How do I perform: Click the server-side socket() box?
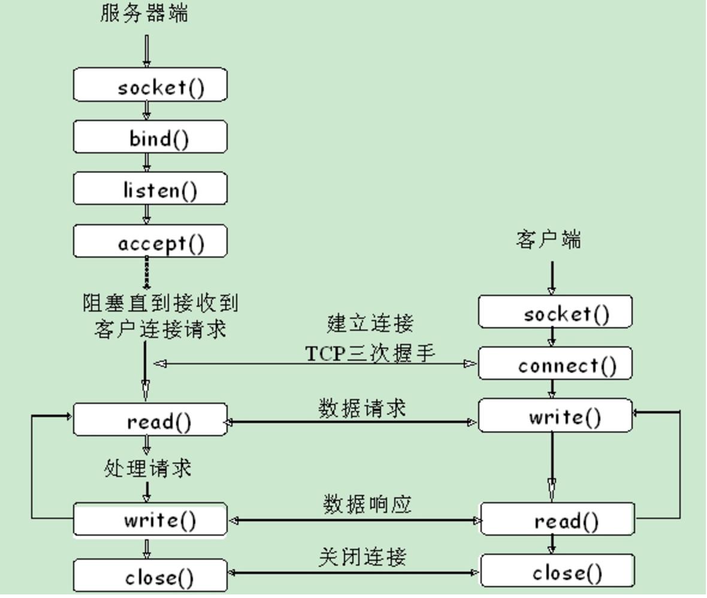(150, 84)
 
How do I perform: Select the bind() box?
(150, 137)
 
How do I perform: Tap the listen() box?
(150, 189)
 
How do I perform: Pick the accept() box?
(150, 241)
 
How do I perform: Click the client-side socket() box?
(555, 312)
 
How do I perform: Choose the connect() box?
(555, 364)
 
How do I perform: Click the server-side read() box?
(150, 420)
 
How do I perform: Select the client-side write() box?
(555, 416)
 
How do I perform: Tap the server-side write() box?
(150, 520)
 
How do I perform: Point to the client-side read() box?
(558, 520)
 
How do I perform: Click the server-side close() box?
(150, 576)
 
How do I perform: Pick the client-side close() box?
(558, 572)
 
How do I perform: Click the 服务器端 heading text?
(144, 13)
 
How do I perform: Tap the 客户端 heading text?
(548, 240)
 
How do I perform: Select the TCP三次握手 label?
(370, 353)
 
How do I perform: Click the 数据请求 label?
(362, 409)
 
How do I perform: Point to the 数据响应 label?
(367, 505)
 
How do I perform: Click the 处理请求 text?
(148, 468)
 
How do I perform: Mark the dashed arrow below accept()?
(147, 273)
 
